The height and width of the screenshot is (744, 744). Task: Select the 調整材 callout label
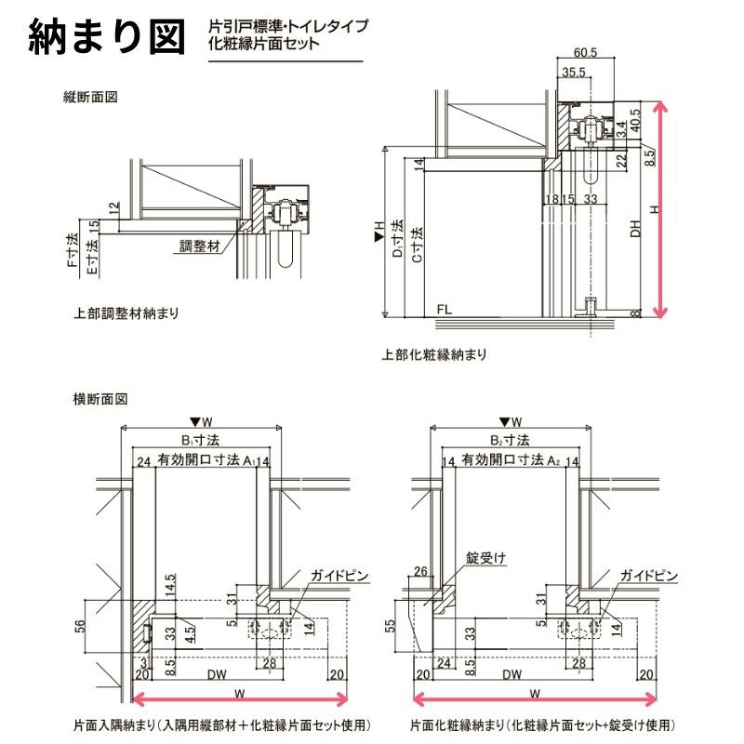pyautogui.click(x=200, y=247)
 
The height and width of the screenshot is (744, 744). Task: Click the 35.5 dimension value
pyautogui.click(x=574, y=73)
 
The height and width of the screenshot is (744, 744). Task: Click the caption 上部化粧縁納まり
pyautogui.click(x=434, y=354)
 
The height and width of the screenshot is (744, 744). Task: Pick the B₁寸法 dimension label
pyautogui.click(x=200, y=440)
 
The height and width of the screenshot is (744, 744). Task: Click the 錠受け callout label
pyautogui.click(x=486, y=558)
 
